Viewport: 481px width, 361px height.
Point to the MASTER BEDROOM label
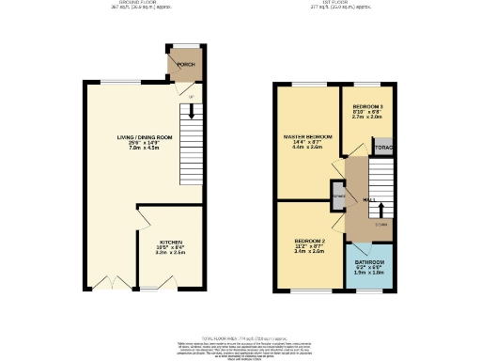(x=307, y=137)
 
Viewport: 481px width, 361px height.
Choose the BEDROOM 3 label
(x=367, y=107)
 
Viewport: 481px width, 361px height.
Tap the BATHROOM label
(x=369, y=261)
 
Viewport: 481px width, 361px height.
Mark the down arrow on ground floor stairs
(x=191, y=110)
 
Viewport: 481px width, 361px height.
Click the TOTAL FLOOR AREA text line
(x=240, y=337)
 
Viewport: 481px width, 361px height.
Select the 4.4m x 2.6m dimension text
(x=307, y=148)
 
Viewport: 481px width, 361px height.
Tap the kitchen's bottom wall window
(x=151, y=290)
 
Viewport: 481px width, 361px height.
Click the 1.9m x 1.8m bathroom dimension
(x=369, y=273)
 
